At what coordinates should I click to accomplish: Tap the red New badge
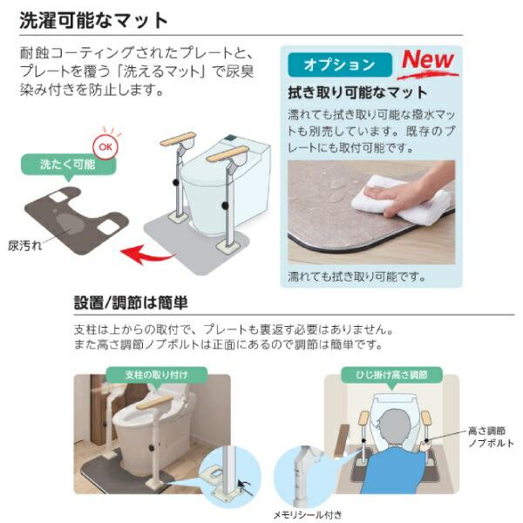pos(427,61)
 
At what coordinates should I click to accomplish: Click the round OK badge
pos(105,147)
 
